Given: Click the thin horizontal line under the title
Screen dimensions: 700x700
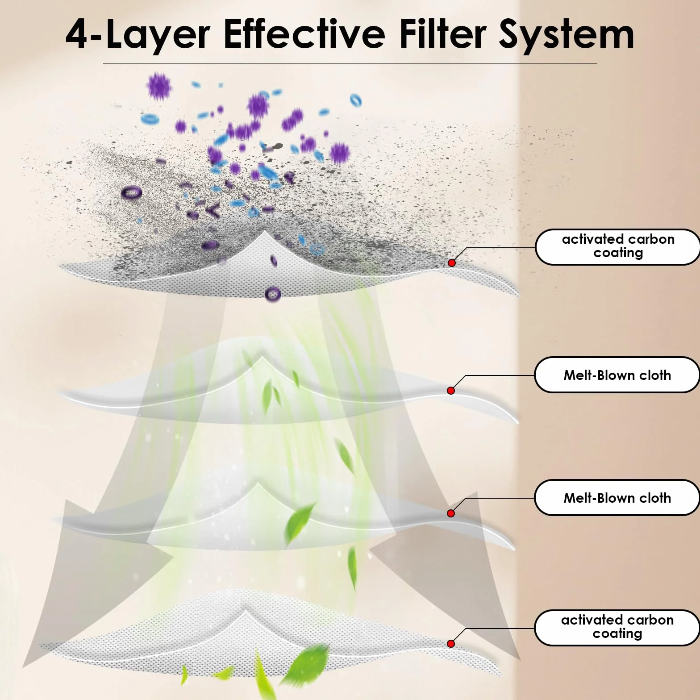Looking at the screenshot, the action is click(350, 64).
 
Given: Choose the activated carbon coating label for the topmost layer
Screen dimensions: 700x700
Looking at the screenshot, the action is click(618, 246).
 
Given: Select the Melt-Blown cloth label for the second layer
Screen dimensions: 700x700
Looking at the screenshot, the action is click(617, 375).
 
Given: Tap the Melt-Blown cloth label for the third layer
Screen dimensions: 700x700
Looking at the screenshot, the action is click(617, 498).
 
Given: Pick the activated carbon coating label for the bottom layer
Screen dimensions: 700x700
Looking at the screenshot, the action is click(617, 627).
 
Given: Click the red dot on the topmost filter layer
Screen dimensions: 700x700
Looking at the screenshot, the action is click(452, 263).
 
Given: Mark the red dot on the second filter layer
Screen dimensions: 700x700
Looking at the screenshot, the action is click(451, 391).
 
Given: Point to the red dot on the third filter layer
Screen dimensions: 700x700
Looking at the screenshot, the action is click(451, 513).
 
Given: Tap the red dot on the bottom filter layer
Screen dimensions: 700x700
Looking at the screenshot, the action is click(451, 643).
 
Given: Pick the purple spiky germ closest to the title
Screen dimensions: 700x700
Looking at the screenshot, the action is click(159, 85).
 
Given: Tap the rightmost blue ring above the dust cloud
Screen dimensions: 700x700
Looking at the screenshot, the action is click(355, 100).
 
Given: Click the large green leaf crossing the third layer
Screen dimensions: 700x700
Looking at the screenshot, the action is click(300, 523).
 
